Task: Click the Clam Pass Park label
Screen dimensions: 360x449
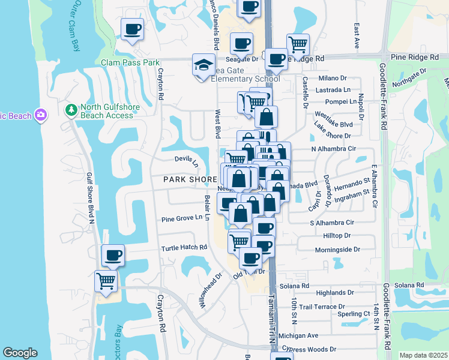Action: point(130,62)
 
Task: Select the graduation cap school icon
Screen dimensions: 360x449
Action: point(203,64)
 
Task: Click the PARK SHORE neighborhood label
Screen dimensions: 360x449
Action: point(190,179)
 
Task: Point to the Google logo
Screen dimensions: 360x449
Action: point(19,353)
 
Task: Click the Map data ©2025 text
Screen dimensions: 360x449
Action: point(423,355)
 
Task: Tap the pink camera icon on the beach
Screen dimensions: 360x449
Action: point(41,115)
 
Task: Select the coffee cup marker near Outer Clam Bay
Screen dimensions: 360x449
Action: point(132,28)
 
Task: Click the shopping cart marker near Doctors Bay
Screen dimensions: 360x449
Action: point(106,280)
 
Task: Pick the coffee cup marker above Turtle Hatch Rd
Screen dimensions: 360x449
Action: point(113,255)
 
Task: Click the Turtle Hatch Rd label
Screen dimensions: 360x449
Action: point(184,248)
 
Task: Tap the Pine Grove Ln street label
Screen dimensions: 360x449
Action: point(182,218)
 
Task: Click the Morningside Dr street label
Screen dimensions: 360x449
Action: point(337,249)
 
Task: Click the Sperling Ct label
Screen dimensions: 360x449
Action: point(354,314)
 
